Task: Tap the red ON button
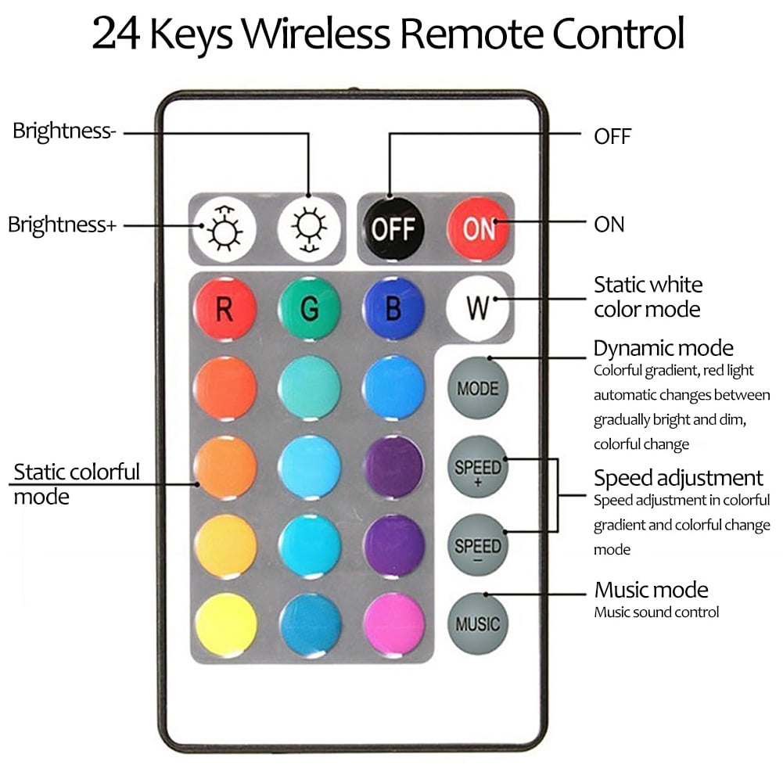479,228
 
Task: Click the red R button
225,309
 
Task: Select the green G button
310,308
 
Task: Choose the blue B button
393,308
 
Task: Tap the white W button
478,308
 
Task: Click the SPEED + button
478,466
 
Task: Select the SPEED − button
478,545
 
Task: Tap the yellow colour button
226,623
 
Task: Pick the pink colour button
394,623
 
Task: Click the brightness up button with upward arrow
224,228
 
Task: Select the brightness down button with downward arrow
310,228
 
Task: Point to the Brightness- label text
64,131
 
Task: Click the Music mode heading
651,590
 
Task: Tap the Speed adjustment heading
678,479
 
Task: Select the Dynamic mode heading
663,349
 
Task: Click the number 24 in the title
115,34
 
